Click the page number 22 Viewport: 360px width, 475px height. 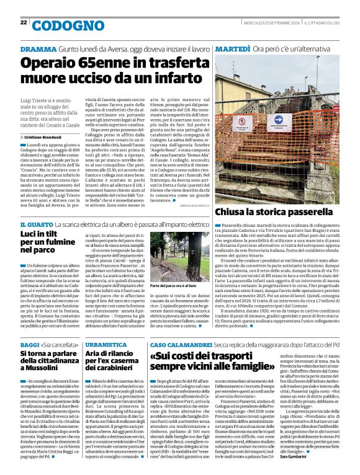tap(23, 23)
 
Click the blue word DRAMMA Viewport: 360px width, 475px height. tap(39, 49)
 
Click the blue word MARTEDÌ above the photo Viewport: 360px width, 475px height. tap(233, 49)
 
